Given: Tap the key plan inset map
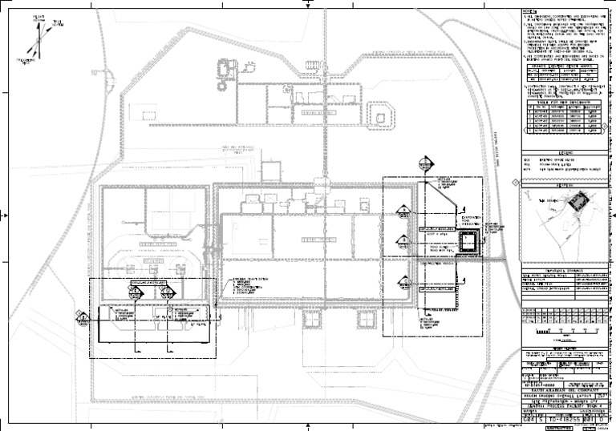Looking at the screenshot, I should click(x=565, y=211).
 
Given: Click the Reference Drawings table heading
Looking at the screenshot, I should click(x=565, y=270).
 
